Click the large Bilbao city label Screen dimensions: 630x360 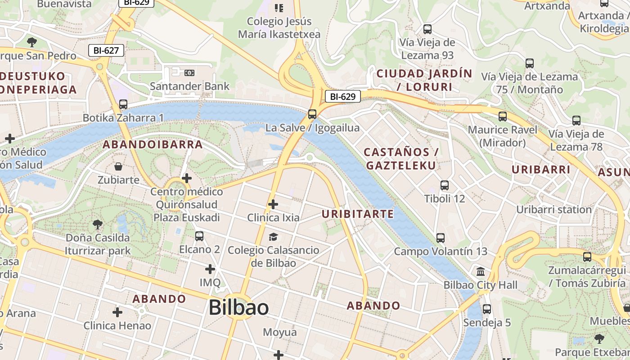click(238, 308)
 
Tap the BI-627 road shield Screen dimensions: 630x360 click(106, 50)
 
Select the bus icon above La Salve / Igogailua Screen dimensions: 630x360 click(312, 114)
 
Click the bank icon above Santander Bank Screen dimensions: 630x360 click(189, 72)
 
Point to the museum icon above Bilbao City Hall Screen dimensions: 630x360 click(481, 272)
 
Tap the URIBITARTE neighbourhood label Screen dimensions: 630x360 click(358, 214)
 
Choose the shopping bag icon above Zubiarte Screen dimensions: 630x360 click(118, 167)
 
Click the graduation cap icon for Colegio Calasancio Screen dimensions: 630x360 click(273, 237)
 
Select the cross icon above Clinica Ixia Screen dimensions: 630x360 click(273, 205)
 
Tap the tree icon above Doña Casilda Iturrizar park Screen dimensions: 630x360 click(97, 224)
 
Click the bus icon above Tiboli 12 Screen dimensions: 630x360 click(445, 185)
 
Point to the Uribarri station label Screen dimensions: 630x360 click(553, 210)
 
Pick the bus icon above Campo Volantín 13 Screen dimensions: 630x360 click(441, 238)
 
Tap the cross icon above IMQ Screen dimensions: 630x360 click(210, 270)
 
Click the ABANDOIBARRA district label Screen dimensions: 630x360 click(153, 144)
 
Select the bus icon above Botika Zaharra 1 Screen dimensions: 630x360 click(123, 104)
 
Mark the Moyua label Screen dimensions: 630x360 click(280, 333)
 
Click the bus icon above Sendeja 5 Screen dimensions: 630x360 click(487, 309)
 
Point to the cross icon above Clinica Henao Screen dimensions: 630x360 click(117, 312)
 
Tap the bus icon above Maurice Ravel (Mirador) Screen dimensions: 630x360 click(503, 117)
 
